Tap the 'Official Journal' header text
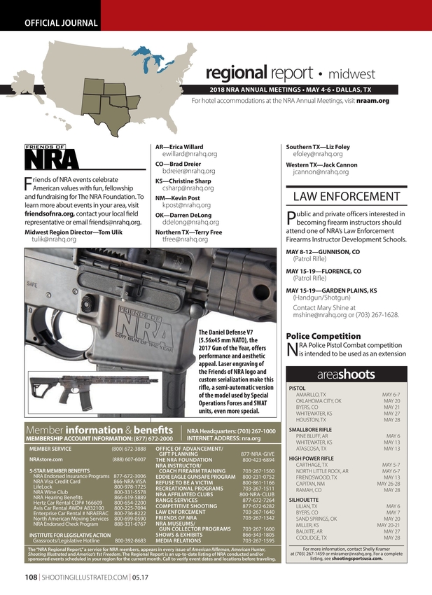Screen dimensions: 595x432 click(x=61, y=22)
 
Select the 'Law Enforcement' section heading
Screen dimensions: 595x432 click(x=346, y=196)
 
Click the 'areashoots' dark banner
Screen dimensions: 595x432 click(x=346, y=374)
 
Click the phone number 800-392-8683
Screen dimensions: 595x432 click(x=130, y=541)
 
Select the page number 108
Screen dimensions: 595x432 click(x=31, y=577)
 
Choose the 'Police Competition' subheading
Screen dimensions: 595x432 click(x=323, y=336)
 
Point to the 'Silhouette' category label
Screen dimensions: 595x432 click(x=303, y=499)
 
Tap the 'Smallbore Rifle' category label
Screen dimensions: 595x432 click(x=310, y=430)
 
